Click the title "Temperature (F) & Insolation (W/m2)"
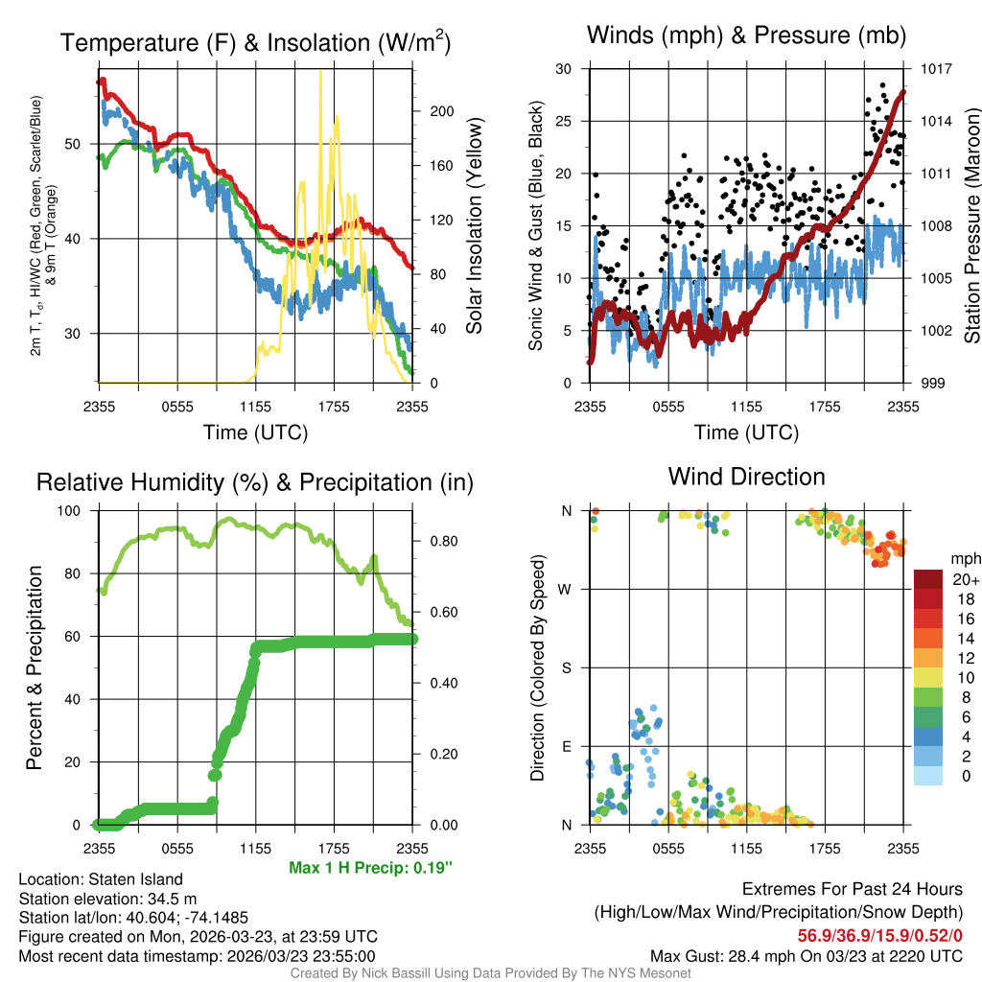[255, 42]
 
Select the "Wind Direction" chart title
[746, 477]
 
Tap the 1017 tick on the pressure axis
[936, 69]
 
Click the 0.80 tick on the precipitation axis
[440, 541]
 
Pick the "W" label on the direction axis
[567, 589]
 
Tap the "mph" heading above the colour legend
[963, 558]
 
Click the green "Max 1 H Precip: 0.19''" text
[370, 867]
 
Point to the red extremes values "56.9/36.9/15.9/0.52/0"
[880, 935]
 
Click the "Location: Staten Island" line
[101, 878]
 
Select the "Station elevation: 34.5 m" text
[107, 899]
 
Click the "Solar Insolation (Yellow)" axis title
[474, 226]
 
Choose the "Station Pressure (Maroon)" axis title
[970, 226]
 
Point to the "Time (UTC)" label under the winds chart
[746, 433]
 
